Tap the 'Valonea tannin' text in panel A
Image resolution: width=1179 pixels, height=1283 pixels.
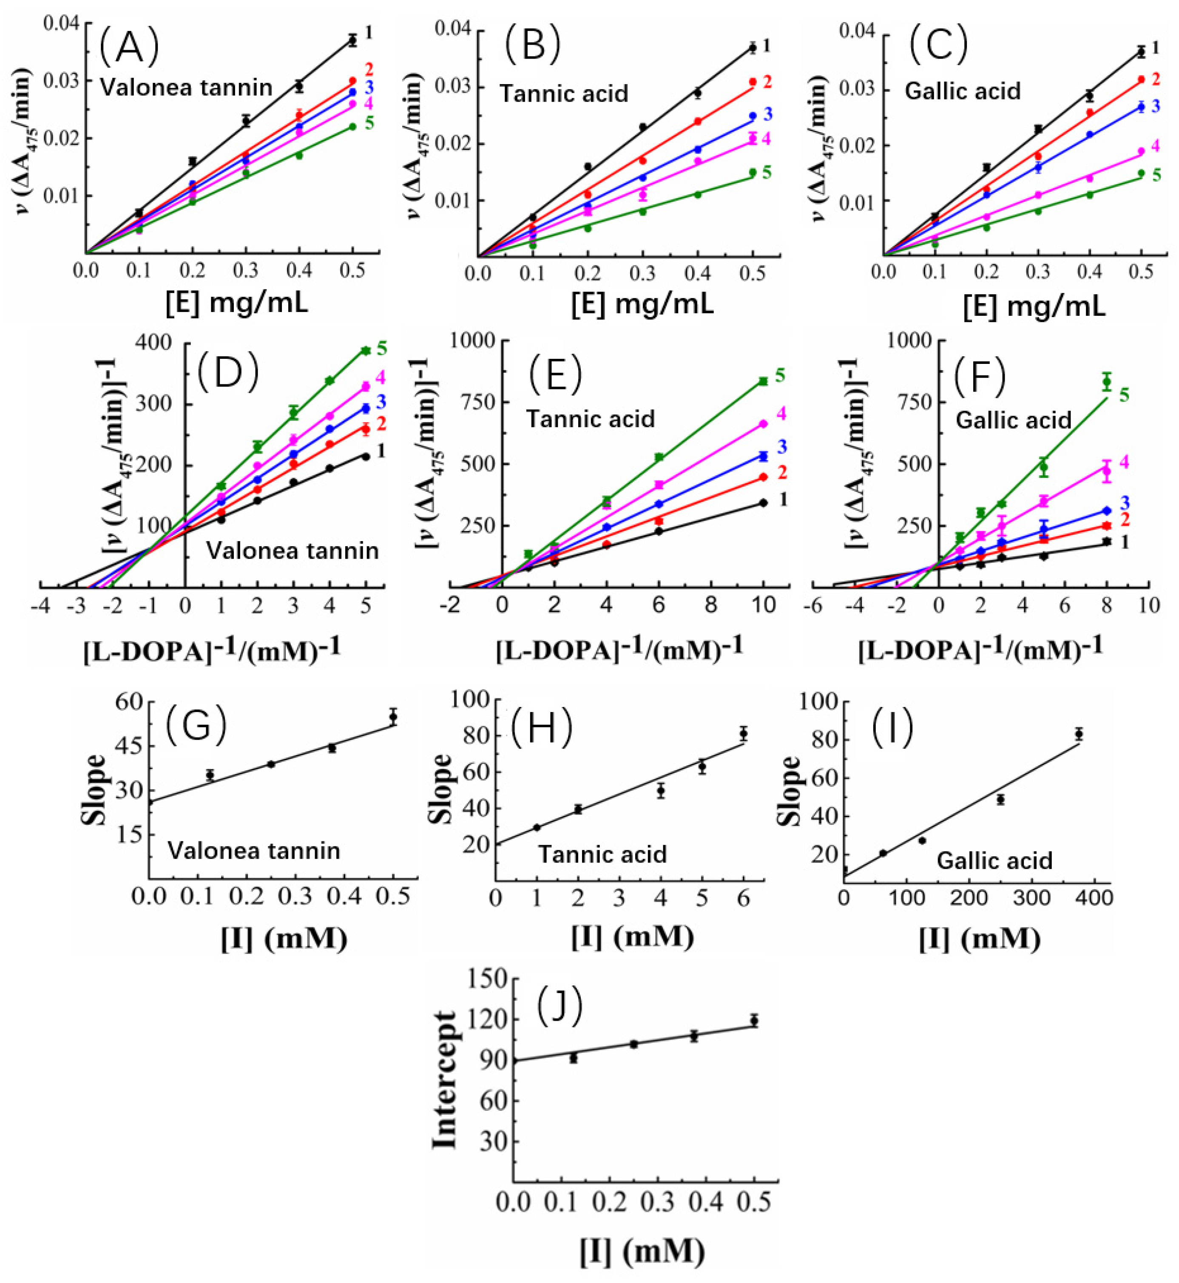[x=186, y=87]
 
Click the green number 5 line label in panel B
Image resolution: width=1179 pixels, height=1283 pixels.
[x=767, y=173]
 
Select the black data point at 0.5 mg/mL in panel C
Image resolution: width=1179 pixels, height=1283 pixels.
[x=1141, y=52]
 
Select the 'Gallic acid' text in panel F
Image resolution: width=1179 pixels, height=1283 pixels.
[x=1013, y=420]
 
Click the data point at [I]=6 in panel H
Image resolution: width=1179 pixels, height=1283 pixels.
[x=743, y=734]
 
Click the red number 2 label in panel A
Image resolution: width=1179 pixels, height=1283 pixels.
[x=369, y=69]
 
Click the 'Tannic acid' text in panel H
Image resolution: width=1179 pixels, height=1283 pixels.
[x=602, y=854]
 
